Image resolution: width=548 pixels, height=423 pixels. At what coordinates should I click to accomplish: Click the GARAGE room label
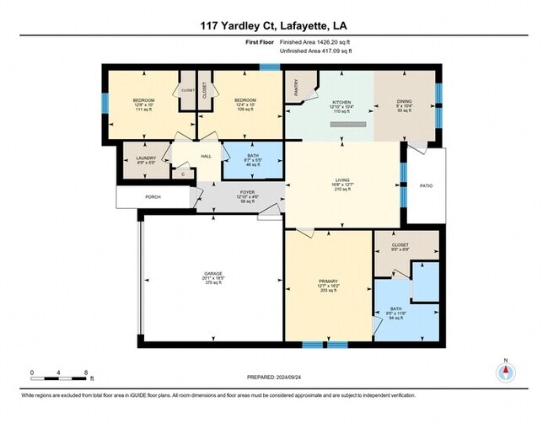click(212, 274)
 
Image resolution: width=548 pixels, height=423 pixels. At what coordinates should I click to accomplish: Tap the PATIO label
click(427, 185)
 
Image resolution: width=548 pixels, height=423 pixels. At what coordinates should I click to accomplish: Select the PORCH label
click(153, 197)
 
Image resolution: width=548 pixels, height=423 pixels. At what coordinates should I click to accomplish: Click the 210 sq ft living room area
click(342, 190)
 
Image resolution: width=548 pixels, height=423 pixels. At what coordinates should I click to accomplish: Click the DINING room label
click(404, 100)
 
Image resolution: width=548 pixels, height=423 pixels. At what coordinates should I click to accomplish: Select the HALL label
click(206, 156)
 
